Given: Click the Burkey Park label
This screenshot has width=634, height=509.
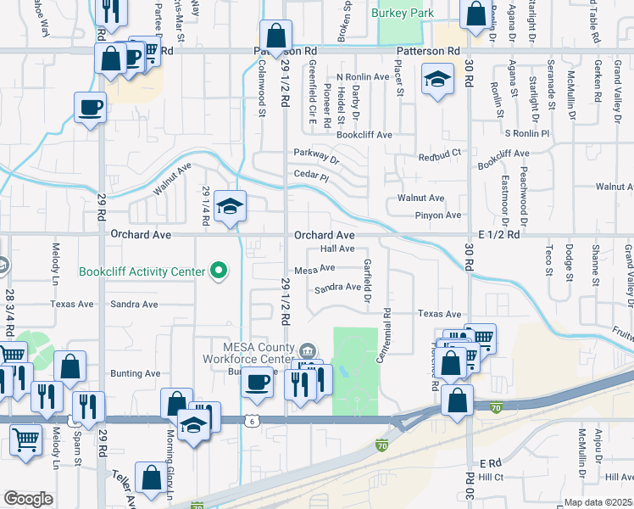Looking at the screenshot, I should (403, 13).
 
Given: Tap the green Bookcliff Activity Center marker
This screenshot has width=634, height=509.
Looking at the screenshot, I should (220, 271).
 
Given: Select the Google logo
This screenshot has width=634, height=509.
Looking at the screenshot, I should (28, 499).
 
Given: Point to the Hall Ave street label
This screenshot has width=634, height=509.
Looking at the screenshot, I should (337, 249).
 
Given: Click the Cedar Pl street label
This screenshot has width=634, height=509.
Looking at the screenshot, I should (310, 175).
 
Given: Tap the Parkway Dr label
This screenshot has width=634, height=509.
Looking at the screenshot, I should (316, 153).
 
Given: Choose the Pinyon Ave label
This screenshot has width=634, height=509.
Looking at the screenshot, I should (441, 215).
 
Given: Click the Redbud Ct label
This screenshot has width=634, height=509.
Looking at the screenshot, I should (442, 154).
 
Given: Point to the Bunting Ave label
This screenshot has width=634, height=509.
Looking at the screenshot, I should (136, 373).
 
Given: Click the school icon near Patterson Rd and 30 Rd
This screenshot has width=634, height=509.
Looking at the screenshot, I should (437, 80).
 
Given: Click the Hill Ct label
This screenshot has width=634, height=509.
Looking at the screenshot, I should (491, 478).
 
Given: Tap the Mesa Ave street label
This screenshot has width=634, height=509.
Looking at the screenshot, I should (314, 269).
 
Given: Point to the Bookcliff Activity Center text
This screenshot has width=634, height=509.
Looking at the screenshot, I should (142, 272).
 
